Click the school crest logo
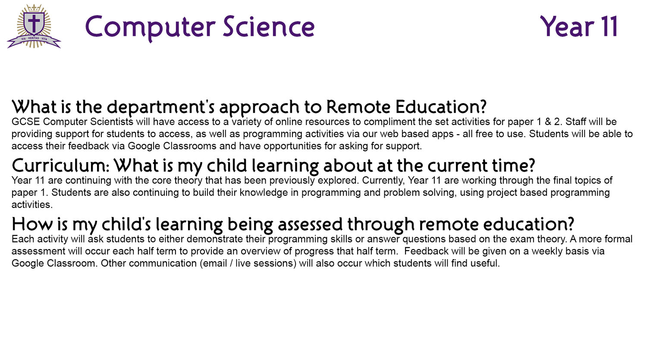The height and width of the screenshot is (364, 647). (x=34, y=26)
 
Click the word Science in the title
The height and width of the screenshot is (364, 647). (x=269, y=27)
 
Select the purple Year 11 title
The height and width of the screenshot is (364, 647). (x=579, y=27)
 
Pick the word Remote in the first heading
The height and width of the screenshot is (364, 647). (x=358, y=107)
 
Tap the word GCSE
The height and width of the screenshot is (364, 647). (x=26, y=122)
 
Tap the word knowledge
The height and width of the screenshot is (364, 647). (x=264, y=192)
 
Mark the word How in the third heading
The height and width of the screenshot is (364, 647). (x=31, y=224)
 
